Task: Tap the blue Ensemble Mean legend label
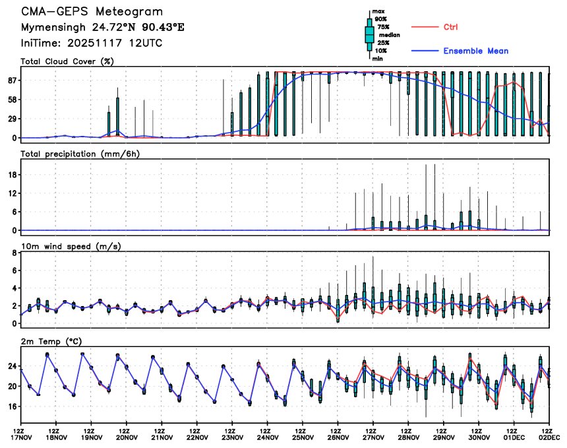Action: pyautogui.click(x=475, y=51)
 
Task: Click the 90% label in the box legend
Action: pyautogui.click(x=381, y=19)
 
